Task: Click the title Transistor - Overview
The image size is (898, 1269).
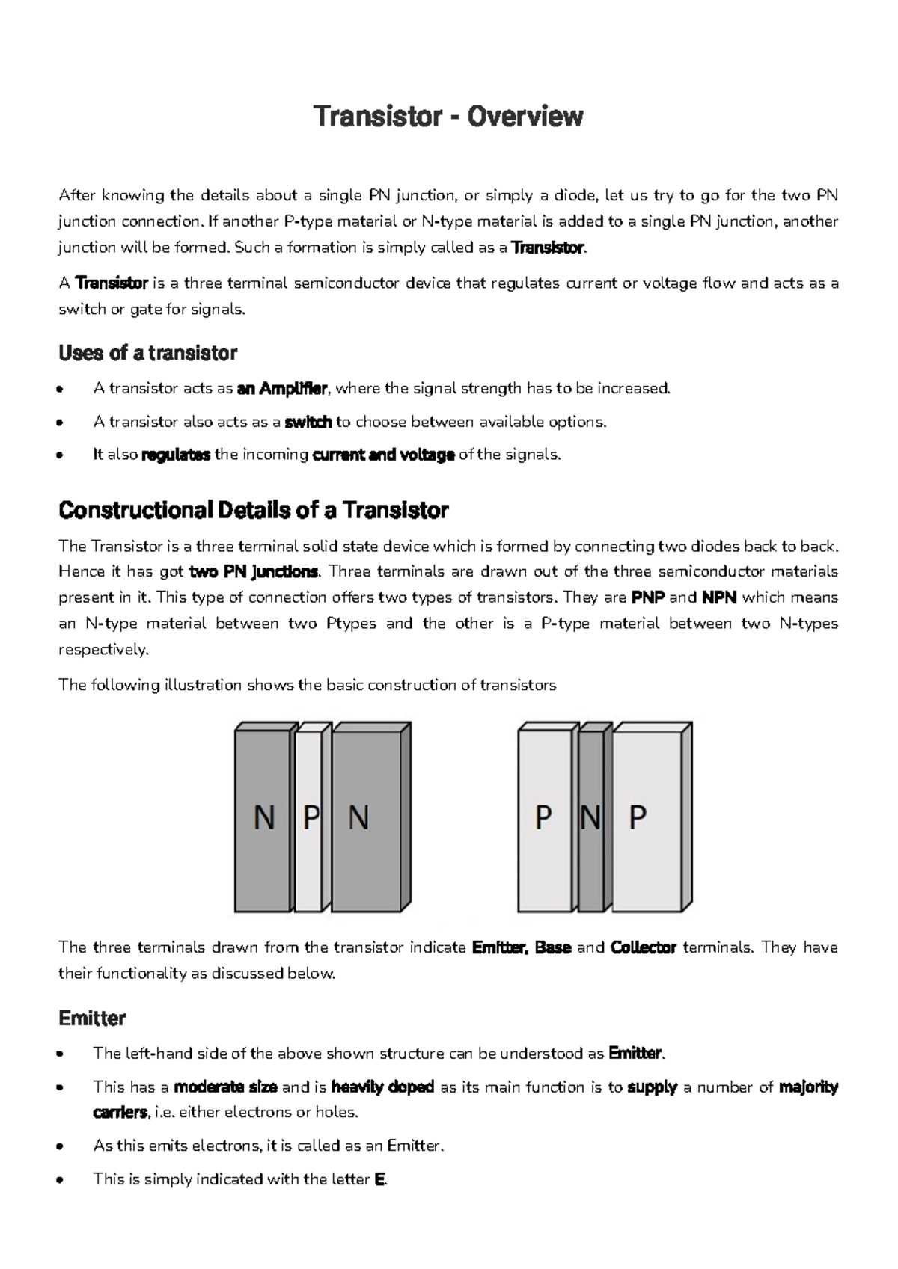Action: [x=448, y=117]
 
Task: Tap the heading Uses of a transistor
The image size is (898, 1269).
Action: [x=147, y=353]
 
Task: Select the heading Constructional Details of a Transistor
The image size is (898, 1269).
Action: [x=253, y=511]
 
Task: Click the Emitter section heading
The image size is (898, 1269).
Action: [x=91, y=1018]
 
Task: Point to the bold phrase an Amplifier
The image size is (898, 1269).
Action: [x=282, y=389]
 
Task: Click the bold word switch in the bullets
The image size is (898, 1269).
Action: [x=308, y=423]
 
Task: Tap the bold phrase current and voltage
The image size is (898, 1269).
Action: [x=383, y=455]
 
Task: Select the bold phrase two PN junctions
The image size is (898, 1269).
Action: [x=254, y=572]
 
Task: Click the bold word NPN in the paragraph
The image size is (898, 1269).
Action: [x=719, y=598]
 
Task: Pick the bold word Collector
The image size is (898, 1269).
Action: [x=644, y=948]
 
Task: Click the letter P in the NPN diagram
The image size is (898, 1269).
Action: [x=311, y=818]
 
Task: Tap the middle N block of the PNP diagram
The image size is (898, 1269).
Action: [x=590, y=818]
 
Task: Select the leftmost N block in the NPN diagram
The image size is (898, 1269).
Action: [x=263, y=818]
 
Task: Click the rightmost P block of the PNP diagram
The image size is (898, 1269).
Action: [x=645, y=818]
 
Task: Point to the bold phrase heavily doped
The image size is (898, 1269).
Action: [x=382, y=1087]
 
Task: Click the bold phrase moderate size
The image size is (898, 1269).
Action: [x=225, y=1087]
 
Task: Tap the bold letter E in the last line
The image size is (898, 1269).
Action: [x=379, y=1180]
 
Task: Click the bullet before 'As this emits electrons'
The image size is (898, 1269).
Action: [x=60, y=1146]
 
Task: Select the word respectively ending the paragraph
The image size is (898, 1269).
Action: [x=103, y=650]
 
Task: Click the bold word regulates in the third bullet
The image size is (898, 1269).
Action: [x=175, y=455]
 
